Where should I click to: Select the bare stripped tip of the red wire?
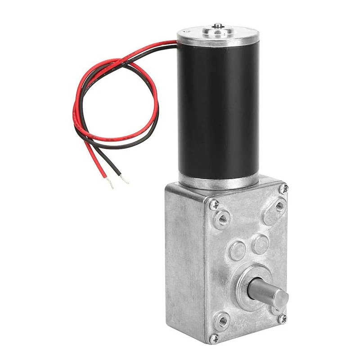[x=110, y=184]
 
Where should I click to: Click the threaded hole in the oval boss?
[x=279, y=206]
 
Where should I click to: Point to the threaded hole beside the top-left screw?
[x=222, y=219]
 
